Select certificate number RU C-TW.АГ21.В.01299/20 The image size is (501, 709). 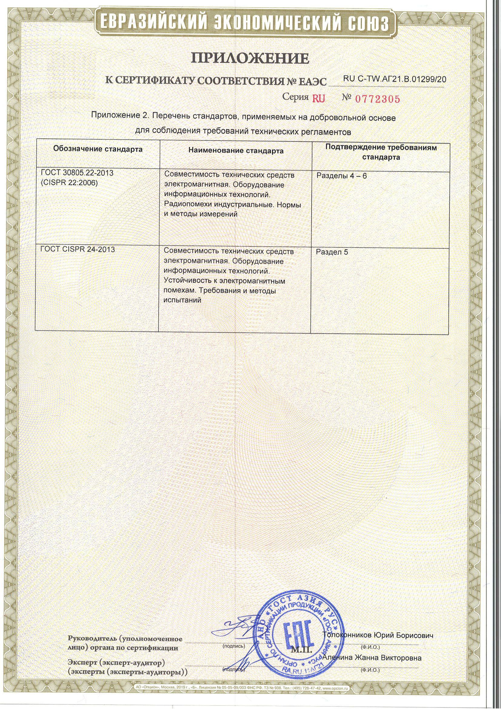[x=395, y=79]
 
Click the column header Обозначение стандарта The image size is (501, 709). [x=98, y=149]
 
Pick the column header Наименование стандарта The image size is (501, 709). [x=236, y=151]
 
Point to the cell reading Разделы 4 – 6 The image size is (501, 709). [x=342, y=176]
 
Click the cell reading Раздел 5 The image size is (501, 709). [x=332, y=252]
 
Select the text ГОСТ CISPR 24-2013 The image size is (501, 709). [x=78, y=249]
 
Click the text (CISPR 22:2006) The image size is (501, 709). [x=69, y=183]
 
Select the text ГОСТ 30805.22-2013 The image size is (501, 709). [x=77, y=173]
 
